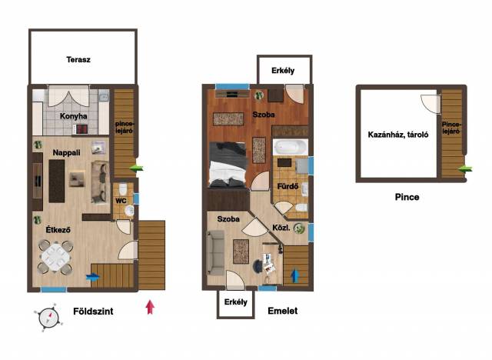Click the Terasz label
pos(78,59)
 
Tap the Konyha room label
pos(74,116)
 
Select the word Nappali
pos(67,153)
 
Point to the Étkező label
pos(58,230)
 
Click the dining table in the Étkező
pos(56,257)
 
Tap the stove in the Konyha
pos(81,129)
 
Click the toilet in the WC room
pos(123,188)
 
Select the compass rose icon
pos(48,318)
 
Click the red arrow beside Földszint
pos(150,307)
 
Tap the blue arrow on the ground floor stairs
pos(93,277)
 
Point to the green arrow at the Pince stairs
pos(465,169)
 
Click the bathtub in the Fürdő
pos(291,147)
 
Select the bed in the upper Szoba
pos(228,165)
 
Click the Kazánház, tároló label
pos(398,135)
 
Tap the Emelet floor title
pos(283,311)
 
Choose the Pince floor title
pos(407,197)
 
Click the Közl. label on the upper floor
pos(281,228)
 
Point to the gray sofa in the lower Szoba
pos(215,252)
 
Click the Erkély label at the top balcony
pos(283,71)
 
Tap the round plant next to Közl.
pos(299,228)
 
